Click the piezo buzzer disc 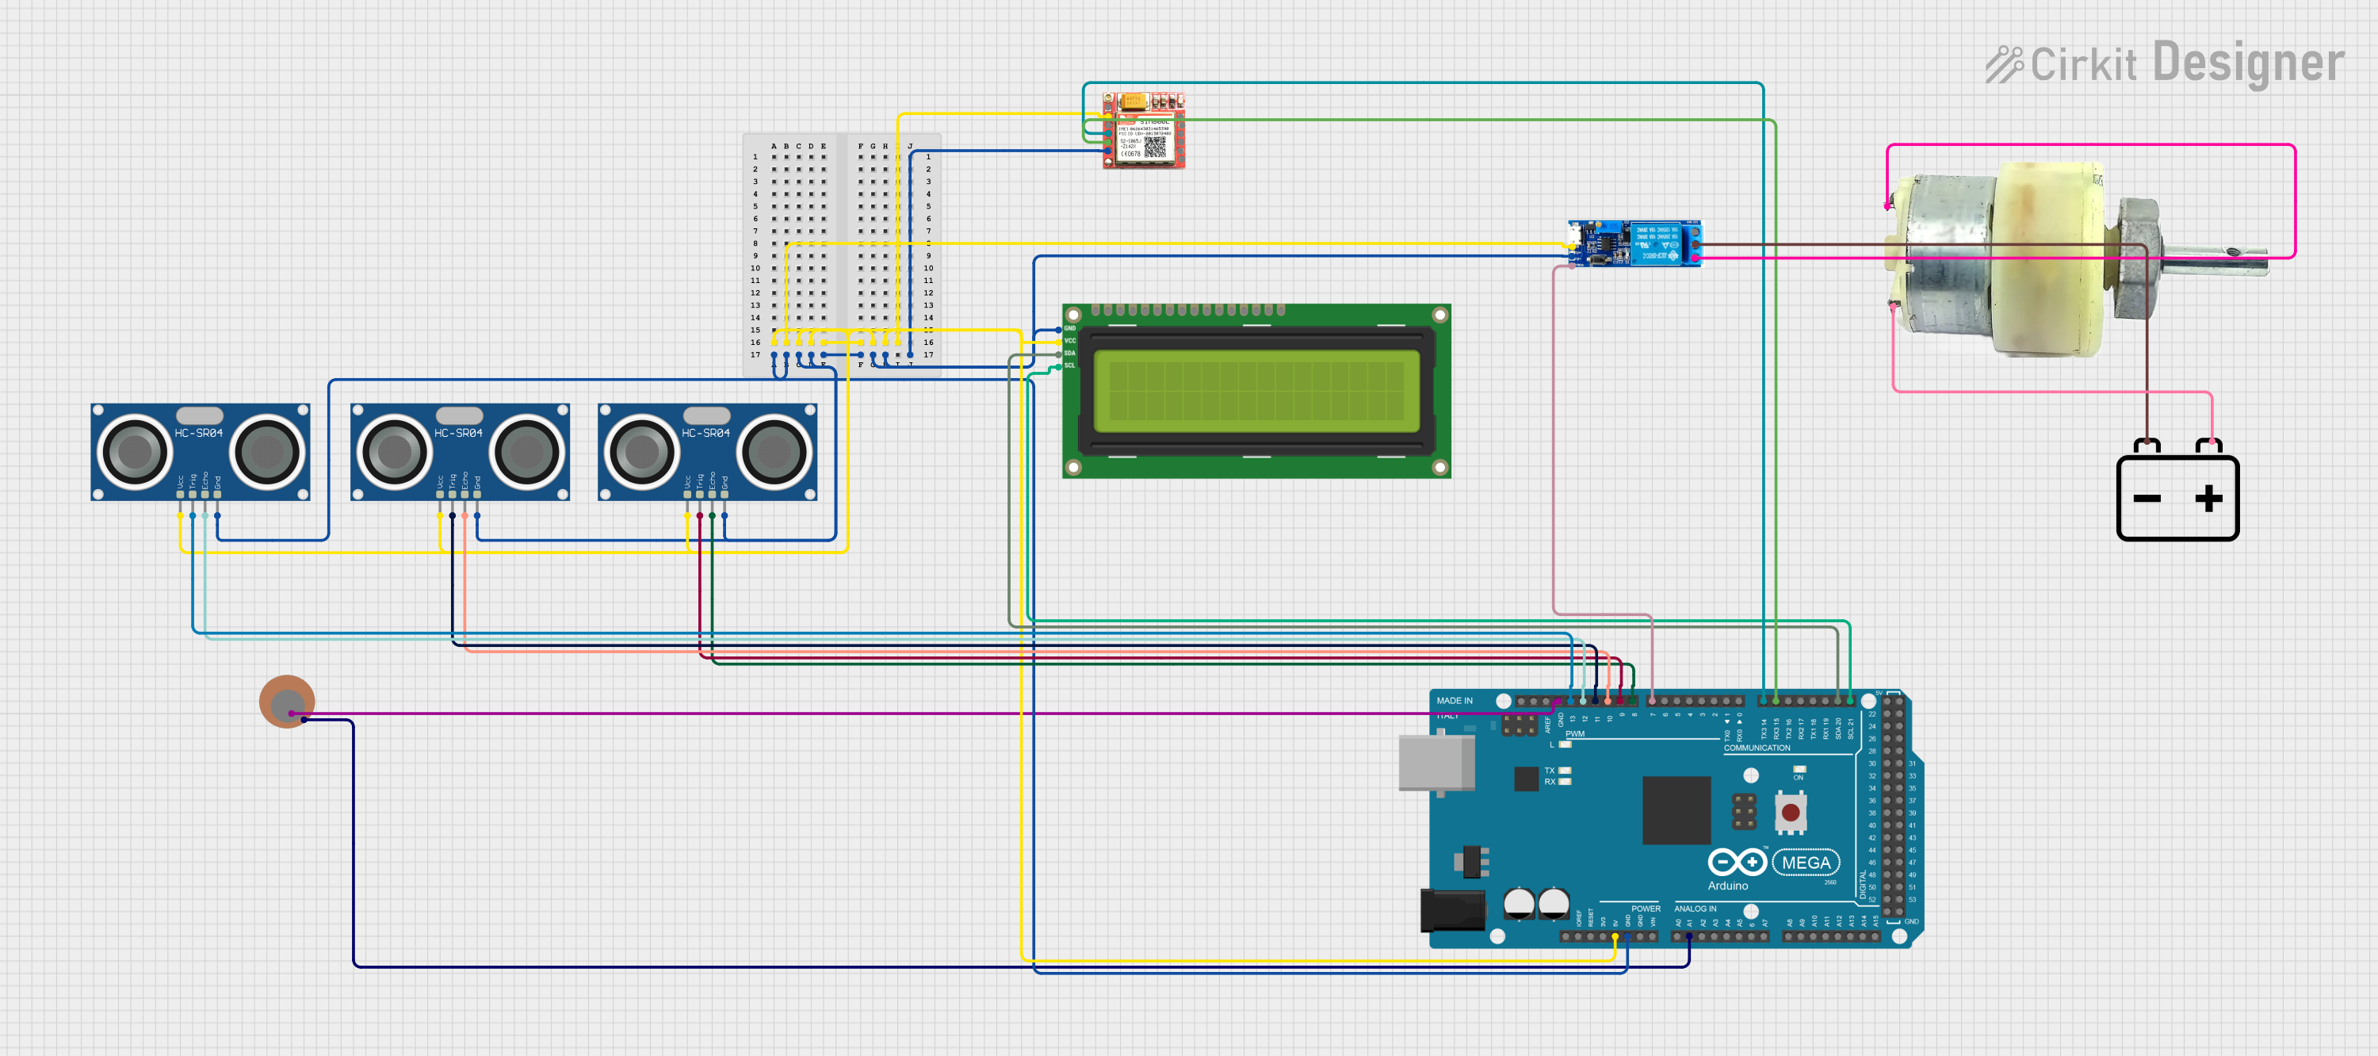(x=287, y=702)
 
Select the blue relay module (x=1634, y=243)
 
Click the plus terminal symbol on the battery (x=2208, y=499)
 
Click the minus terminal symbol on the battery (x=2147, y=499)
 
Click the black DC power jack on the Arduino (x=1451, y=910)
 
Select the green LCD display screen (x=1256, y=391)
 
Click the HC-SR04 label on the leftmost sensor (x=198, y=433)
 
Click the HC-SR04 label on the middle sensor (x=458, y=433)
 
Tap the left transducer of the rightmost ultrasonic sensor (x=641, y=451)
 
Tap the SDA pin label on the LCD (x=1070, y=354)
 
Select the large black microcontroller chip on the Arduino (x=1676, y=809)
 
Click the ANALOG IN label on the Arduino (x=1695, y=909)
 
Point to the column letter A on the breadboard (x=774, y=146)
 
